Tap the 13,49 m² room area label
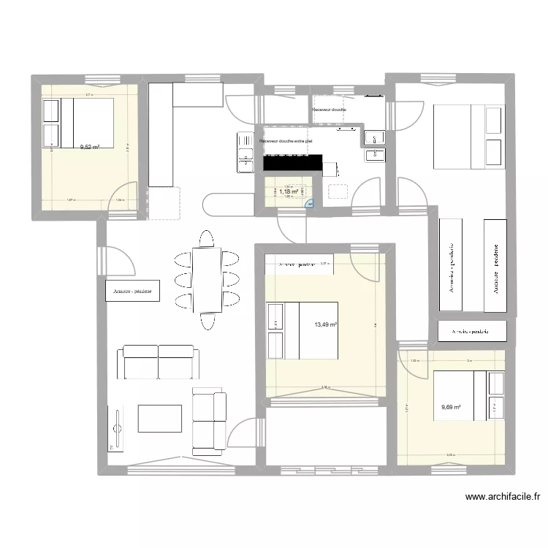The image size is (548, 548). (325, 325)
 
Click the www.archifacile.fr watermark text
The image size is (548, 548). (503, 498)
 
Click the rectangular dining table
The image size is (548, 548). (208, 279)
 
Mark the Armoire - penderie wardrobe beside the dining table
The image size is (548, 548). (132, 292)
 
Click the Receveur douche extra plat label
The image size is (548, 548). (286, 139)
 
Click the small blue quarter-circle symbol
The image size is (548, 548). (311, 205)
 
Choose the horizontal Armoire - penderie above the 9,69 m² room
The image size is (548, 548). (472, 331)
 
